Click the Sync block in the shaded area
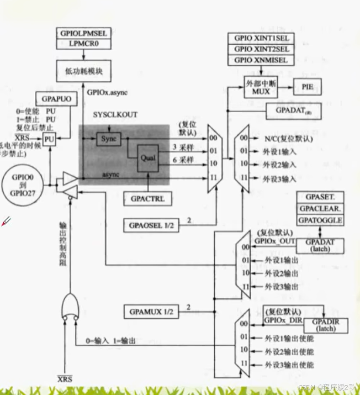(x=109, y=139)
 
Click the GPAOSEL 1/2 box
(x=148, y=225)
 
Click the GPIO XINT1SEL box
(x=261, y=39)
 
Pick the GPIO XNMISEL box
(x=261, y=59)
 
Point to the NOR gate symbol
(x=70, y=304)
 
